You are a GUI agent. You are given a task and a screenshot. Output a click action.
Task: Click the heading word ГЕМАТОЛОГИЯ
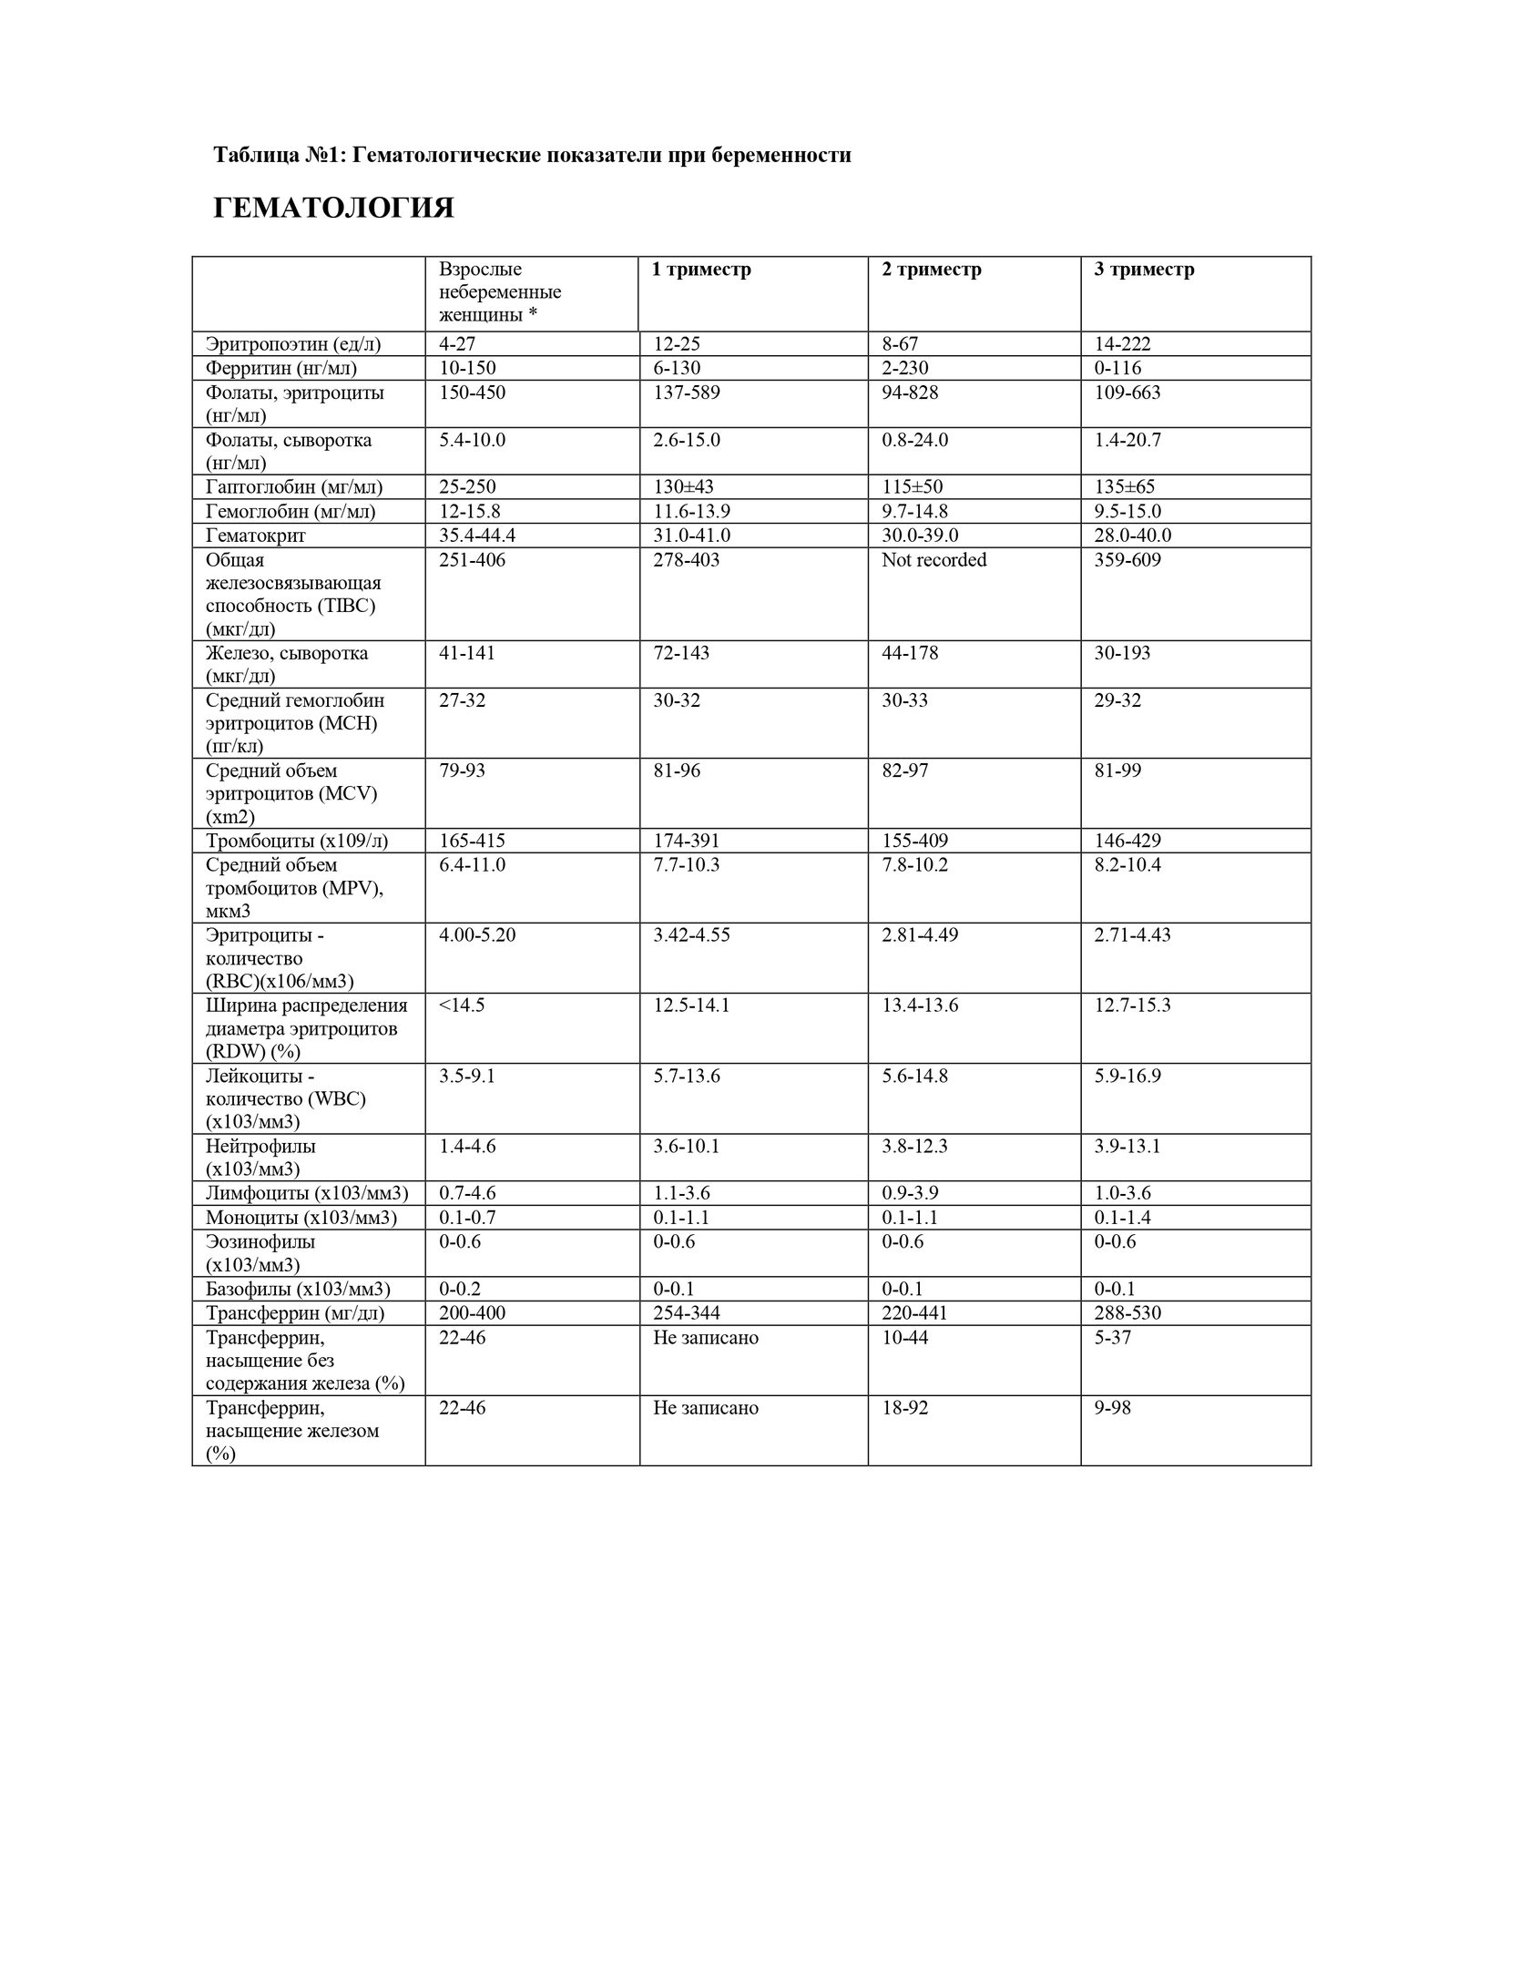click(x=333, y=209)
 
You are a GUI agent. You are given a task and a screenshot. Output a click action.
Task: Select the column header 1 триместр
click(x=702, y=270)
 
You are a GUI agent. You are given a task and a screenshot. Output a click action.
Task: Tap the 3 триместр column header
click(x=1144, y=270)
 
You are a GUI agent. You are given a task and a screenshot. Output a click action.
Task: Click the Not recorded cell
click(x=933, y=560)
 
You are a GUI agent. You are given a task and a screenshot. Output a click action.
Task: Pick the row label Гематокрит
click(x=255, y=536)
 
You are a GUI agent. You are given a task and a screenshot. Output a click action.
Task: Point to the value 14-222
click(x=1122, y=344)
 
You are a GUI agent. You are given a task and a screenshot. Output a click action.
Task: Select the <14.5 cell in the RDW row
click(x=462, y=1005)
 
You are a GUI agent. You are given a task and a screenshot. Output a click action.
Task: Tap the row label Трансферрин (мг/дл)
click(x=295, y=1313)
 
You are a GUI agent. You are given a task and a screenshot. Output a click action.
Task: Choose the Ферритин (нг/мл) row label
click(x=281, y=368)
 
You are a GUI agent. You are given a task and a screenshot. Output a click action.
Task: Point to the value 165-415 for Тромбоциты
click(x=472, y=841)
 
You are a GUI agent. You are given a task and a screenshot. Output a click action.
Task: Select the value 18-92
click(x=905, y=1408)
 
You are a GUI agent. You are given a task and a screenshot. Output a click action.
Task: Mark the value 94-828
click(x=910, y=393)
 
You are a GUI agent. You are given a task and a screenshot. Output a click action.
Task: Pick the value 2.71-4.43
click(x=1132, y=935)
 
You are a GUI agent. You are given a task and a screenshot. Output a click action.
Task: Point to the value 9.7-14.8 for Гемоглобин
click(x=914, y=512)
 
